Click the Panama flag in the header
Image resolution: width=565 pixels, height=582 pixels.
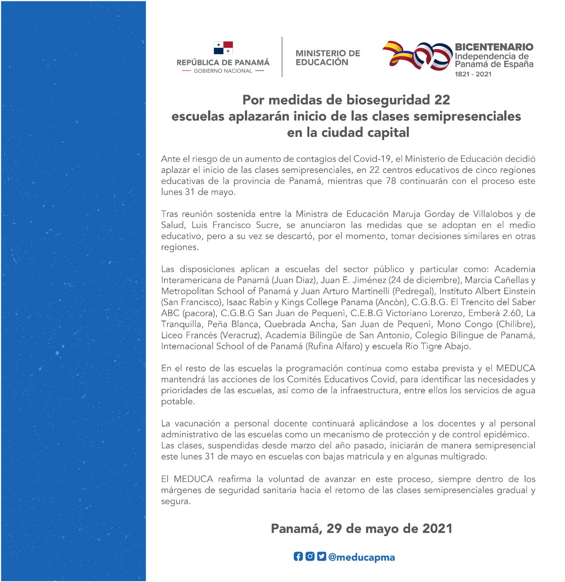click(223, 48)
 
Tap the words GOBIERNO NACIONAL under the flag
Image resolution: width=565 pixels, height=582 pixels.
click(223, 71)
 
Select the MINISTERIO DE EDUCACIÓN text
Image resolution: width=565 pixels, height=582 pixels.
click(327, 58)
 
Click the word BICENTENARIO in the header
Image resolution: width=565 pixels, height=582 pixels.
click(494, 47)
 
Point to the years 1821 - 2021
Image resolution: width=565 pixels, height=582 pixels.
click(473, 74)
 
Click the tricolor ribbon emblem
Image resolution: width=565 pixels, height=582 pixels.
click(417, 55)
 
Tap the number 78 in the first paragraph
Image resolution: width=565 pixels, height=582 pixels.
click(390, 181)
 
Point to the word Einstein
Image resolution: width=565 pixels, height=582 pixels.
click(515, 291)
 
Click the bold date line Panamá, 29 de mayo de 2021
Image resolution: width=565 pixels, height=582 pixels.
click(362, 528)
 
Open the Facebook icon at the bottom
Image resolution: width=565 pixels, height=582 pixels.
click(298, 556)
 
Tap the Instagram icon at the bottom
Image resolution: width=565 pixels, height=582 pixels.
click(310, 556)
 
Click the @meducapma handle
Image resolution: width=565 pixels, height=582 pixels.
click(362, 557)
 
